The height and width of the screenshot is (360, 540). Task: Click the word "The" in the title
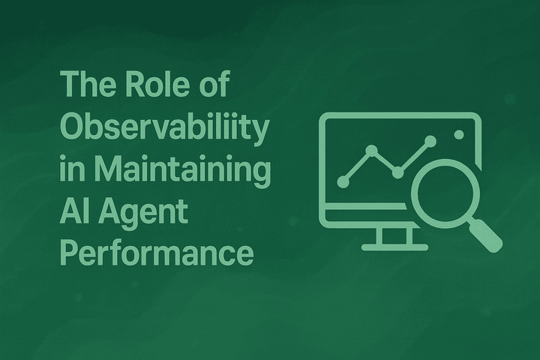click(x=80, y=86)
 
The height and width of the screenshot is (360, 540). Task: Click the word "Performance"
click(x=156, y=253)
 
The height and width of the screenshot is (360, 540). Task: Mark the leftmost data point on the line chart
click(x=343, y=181)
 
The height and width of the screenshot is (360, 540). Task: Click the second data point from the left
click(x=371, y=150)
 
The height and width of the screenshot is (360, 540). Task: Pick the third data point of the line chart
click(x=398, y=172)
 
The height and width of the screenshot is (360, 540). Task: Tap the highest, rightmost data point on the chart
click(x=430, y=140)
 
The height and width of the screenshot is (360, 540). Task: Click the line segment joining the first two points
click(x=357, y=166)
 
